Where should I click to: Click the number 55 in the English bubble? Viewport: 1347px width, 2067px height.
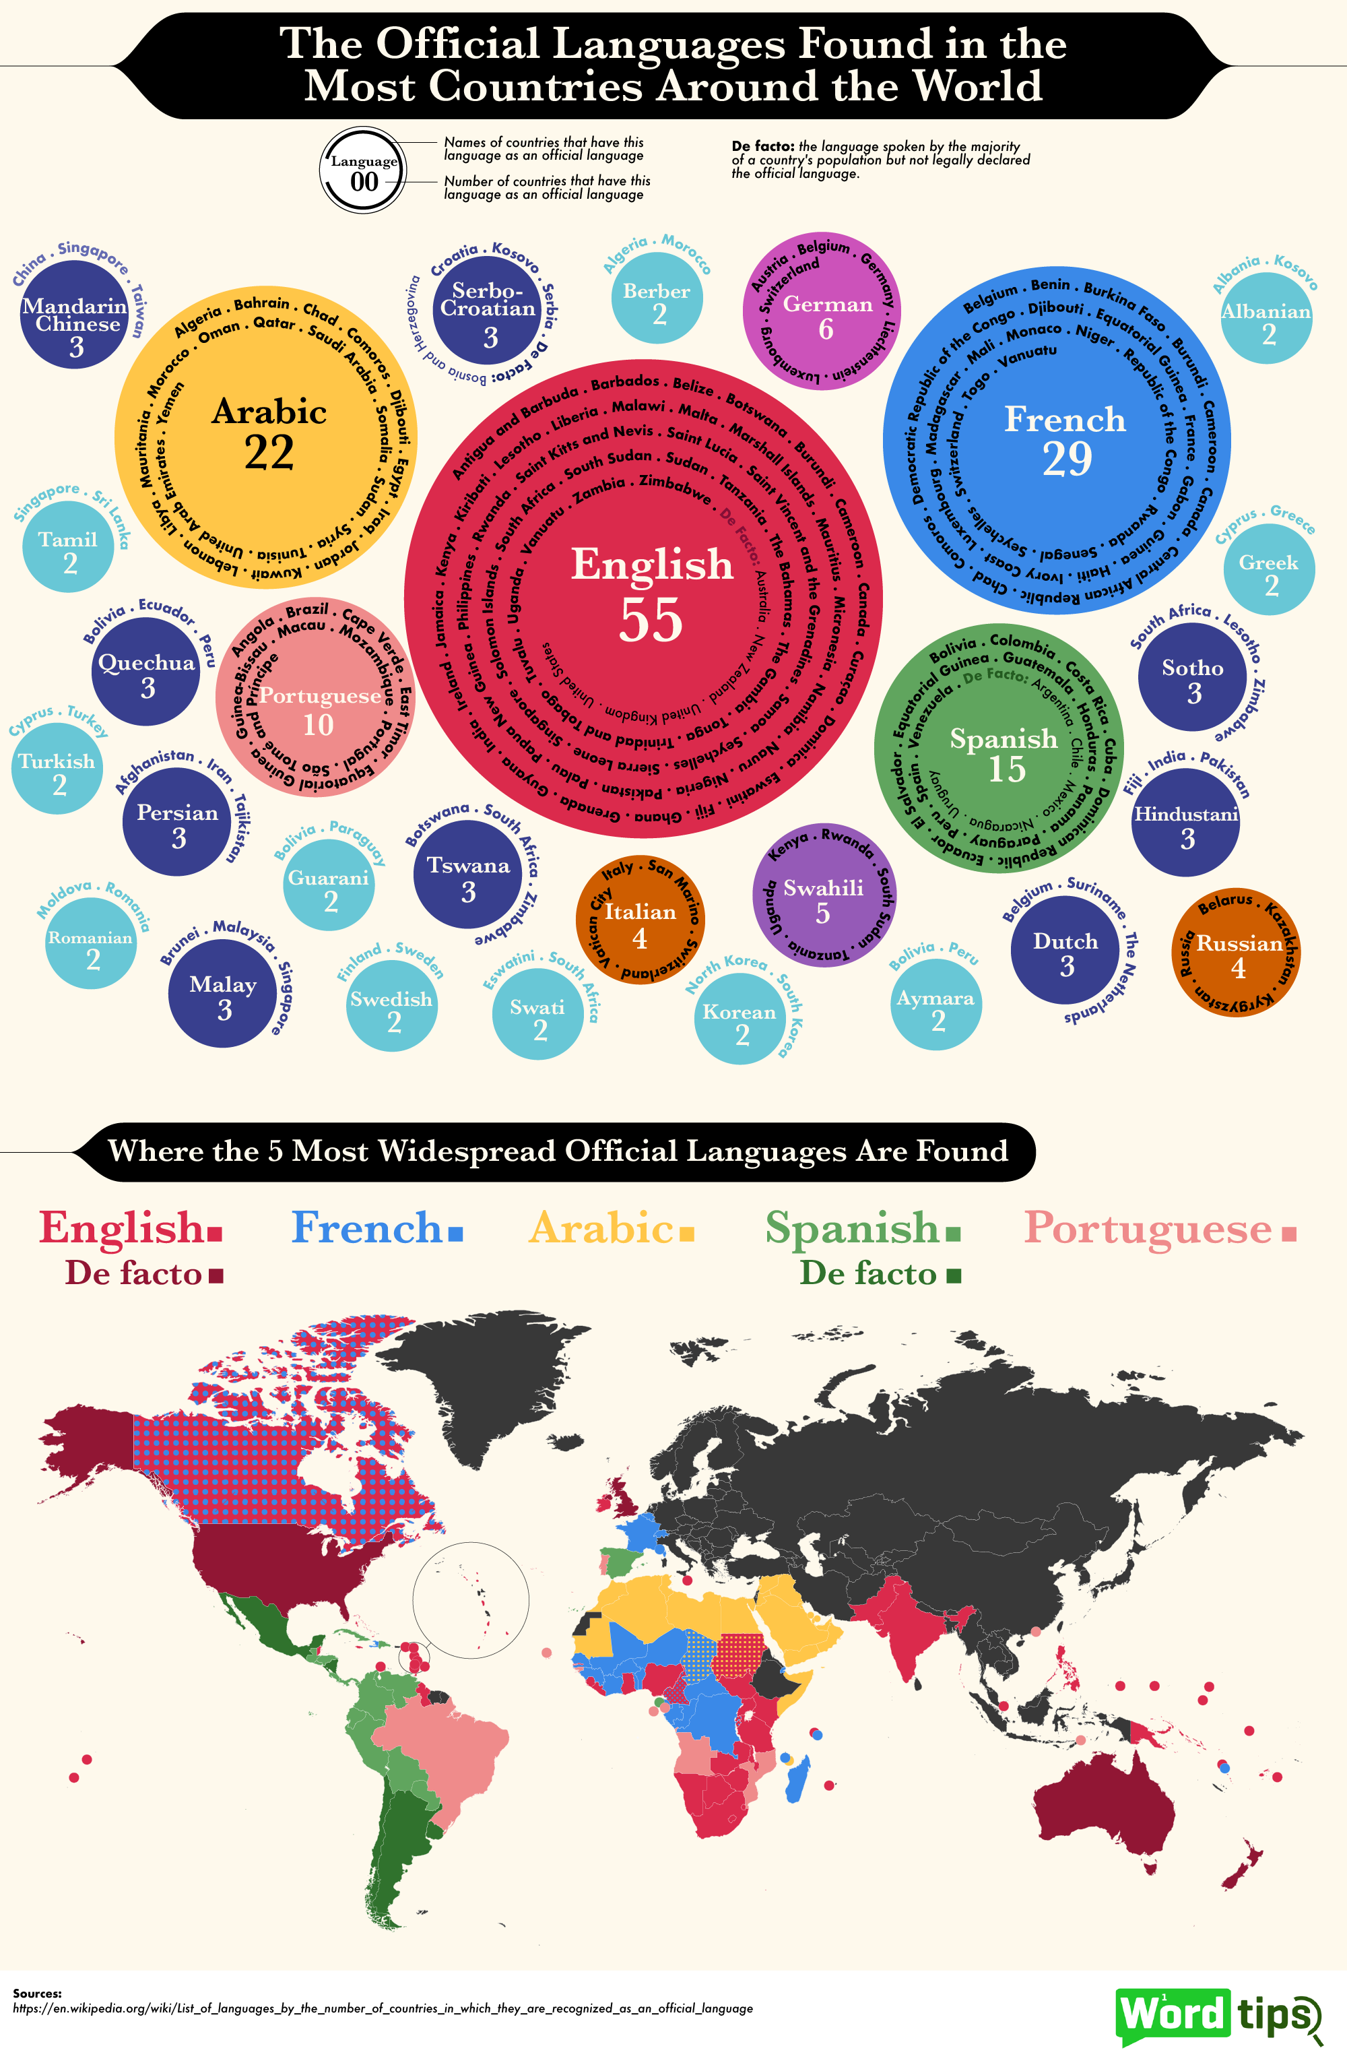(651, 620)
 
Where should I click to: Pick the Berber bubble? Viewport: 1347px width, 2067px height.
(657, 300)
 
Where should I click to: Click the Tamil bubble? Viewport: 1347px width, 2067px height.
(68, 549)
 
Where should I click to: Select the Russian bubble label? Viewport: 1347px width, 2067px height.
(1239, 944)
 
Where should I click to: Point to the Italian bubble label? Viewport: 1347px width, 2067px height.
(640, 912)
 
